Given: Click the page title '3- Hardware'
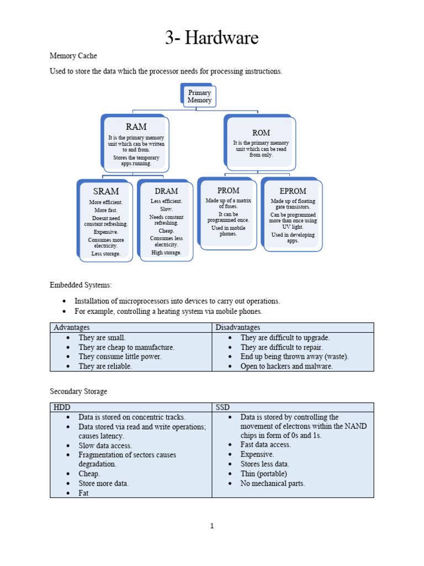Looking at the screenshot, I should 211,38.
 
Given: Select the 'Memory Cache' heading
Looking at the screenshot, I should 73,56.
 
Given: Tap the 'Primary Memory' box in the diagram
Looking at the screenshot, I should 199,97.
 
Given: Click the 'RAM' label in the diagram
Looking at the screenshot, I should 136,127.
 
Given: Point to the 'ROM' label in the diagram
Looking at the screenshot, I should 261,133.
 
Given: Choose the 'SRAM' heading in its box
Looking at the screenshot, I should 106,191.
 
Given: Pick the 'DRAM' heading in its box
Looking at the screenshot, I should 166,191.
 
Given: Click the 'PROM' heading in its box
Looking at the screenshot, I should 228,191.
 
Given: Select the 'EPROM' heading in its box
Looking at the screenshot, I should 293,191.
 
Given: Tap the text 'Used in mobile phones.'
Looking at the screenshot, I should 228,230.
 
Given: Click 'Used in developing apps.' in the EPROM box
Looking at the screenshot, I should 293,238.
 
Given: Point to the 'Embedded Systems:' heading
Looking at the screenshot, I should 81,285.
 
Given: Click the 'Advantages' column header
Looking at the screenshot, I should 72,328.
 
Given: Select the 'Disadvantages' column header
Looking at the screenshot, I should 237,328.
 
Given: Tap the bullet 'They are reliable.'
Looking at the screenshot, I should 105,366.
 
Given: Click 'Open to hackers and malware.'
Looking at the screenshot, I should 287,366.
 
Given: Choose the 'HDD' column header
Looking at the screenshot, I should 62,407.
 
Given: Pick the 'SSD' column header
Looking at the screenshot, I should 222,407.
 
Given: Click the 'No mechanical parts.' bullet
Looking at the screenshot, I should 272,483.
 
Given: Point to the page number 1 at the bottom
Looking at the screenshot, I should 211,526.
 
